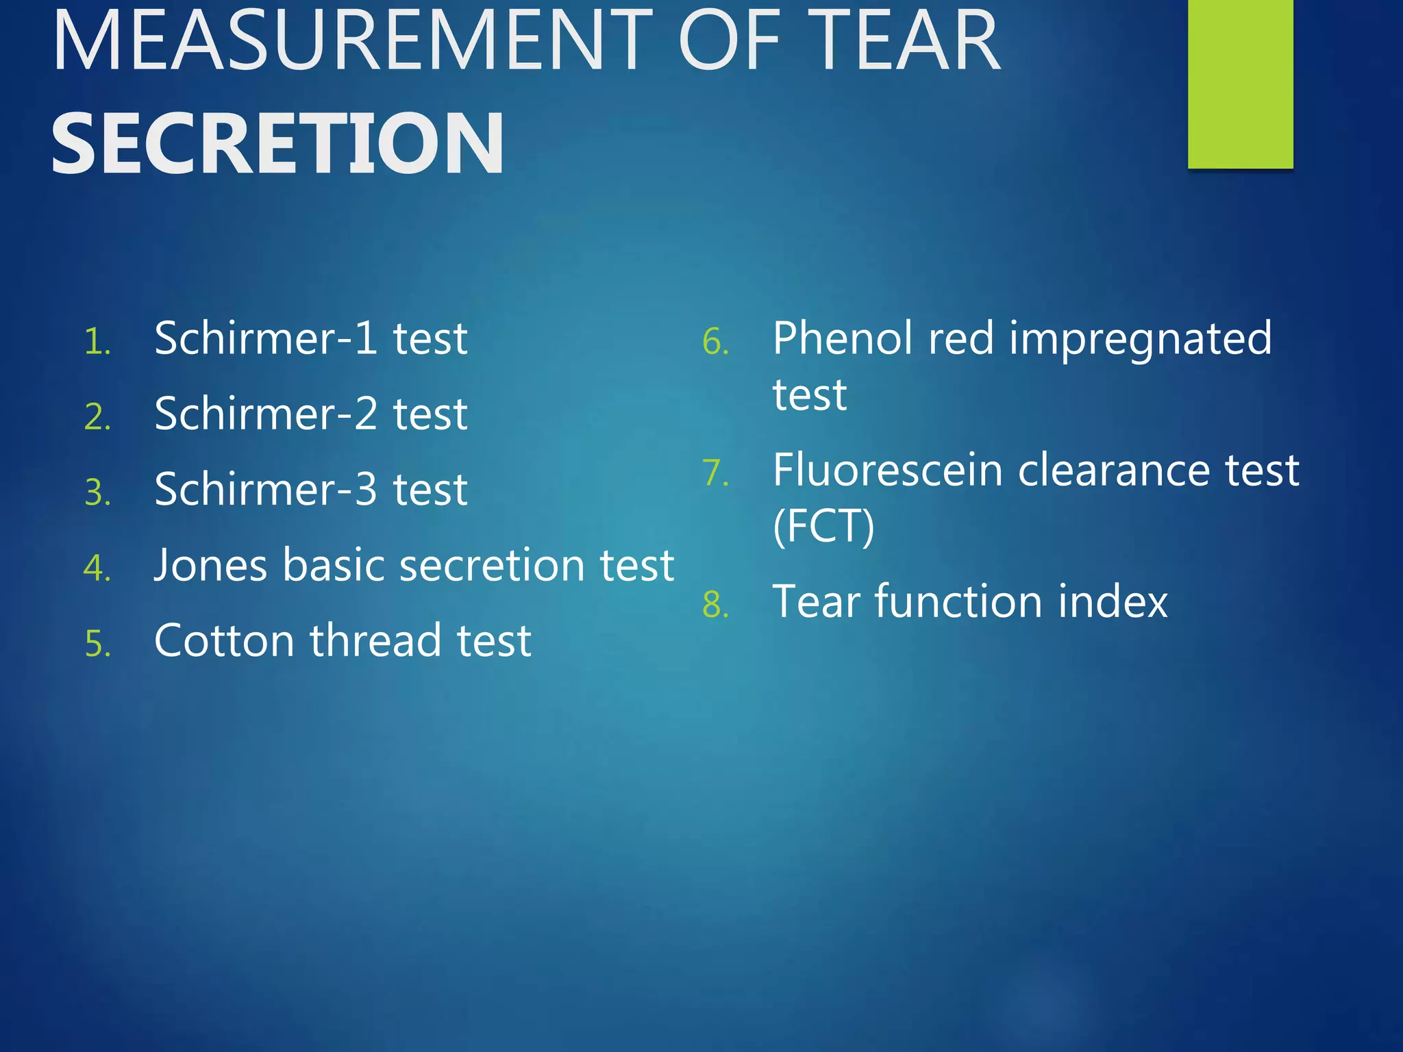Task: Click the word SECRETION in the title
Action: coord(277,144)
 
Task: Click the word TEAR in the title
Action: coord(908,41)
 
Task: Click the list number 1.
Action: coord(97,341)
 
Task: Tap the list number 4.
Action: coord(97,568)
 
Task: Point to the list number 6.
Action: coord(715,341)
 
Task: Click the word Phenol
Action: coord(843,338)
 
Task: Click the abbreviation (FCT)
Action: coord(823,526)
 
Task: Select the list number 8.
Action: coord(715,605)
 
